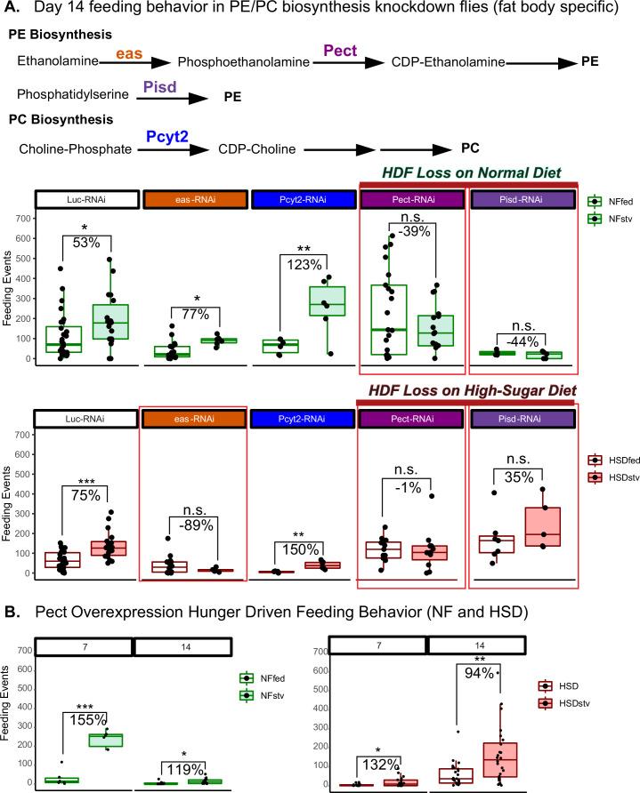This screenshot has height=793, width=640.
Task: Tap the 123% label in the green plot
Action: (x=303, y=262)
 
